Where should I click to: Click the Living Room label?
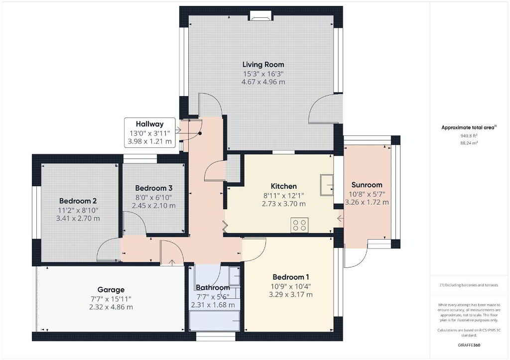(x=263, y=64)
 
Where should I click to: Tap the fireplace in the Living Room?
(x=260, y=15)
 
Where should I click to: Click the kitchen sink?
(x=327, y=185)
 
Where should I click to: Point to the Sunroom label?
(x=367, y=185)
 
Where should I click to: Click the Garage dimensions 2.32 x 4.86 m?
(x=111, y=307)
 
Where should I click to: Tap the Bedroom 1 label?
(x=291, y=277)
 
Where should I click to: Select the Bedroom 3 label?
(x=154, y=188)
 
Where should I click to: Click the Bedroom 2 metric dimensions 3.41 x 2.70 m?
(x=78, y=218)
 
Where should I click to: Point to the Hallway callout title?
(x=149, y=124)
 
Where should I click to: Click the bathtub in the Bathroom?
(x=215, y=321)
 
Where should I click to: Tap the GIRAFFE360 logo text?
(x=469, y=345)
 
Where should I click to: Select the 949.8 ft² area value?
(x=469, y=136)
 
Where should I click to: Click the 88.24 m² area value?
(x=469, y=143)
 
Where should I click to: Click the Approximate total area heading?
(x=469, y=127)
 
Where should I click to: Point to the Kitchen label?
(x=283, y=186)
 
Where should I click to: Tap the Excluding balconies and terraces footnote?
(x=469, y=285)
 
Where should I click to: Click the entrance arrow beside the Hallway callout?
(x=178, y=130)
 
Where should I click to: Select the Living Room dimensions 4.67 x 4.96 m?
(x=263, y=82)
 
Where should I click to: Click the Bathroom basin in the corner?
(x=234, y=276)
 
